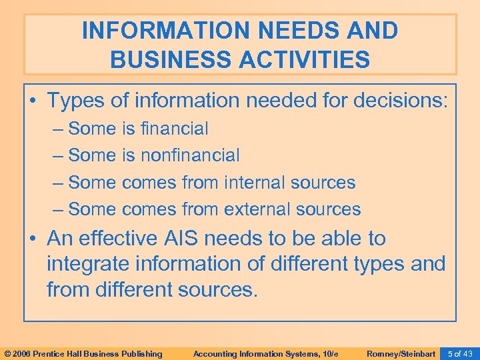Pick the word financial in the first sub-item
tap(174, 128)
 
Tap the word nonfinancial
tap(190, 155)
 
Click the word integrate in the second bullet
tap(89, 264)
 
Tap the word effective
tap(127, 238)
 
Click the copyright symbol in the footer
tap(7, 353)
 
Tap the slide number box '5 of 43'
tap(460, 353)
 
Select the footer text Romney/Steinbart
tap(401, 353)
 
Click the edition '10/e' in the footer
tap(331, 353)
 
